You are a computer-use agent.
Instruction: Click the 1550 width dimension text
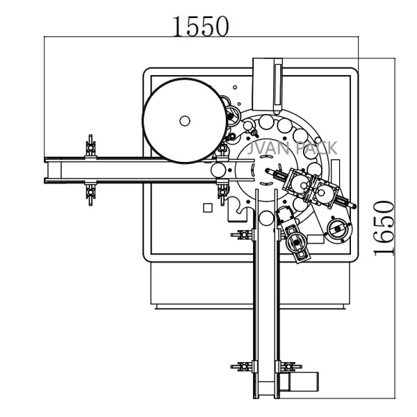[201, 26]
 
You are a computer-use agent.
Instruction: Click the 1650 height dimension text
[384, 229]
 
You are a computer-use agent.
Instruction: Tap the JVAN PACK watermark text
[292, 149]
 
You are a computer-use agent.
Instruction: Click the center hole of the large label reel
[184, 120]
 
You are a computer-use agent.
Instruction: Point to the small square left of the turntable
[205, 208]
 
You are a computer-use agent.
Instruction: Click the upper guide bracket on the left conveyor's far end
[89, 147]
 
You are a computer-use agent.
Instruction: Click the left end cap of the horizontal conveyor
[47, 170]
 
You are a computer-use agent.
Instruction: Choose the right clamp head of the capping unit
[324, 188]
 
